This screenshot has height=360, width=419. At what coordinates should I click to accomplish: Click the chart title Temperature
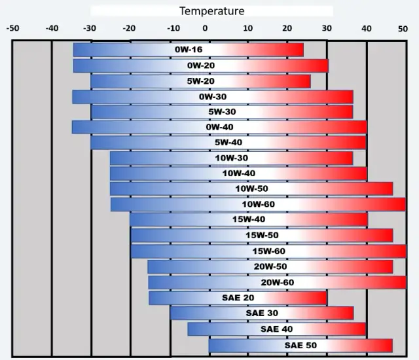click(211, 11)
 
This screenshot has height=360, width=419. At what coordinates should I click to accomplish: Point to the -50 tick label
click(12, 28)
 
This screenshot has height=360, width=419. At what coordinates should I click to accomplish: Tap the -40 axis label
click(52, 28)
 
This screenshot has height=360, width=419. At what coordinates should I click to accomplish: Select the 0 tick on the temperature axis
click(205, 28)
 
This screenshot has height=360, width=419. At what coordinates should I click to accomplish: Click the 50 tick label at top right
click(403, 28)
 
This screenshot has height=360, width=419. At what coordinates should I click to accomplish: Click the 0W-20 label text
click(200, 65)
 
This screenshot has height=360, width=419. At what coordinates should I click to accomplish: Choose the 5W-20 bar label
click(200, 81)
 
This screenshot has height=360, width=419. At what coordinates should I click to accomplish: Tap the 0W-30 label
click(213, 97)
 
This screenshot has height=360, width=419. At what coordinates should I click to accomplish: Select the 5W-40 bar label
click(228, 142)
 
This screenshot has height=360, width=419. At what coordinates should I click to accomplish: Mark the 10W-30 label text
click(231, 158)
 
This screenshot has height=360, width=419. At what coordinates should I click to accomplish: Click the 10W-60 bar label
click(259, 204)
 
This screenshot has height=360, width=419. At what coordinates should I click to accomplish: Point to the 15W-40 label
click(249, 220)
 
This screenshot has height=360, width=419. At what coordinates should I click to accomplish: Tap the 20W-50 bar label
click(270, 266)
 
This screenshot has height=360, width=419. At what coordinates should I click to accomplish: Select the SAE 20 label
click(238, 298)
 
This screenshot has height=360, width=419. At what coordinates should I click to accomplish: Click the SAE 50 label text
click(301, 345)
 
